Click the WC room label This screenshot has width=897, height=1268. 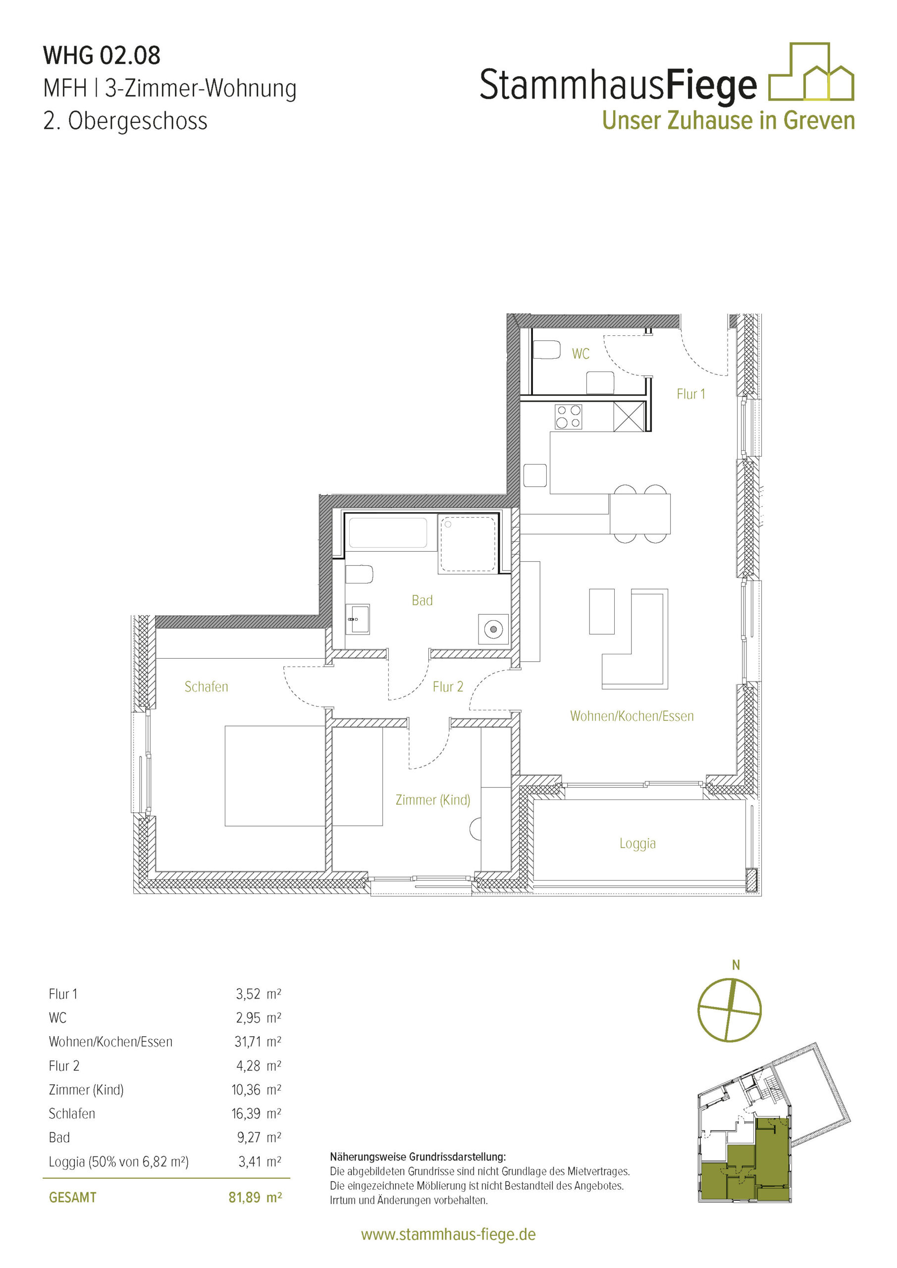pos(580,354)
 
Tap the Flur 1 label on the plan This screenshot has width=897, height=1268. pos(691,394)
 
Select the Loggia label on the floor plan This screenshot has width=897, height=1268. pos(637,844)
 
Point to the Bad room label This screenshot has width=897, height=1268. pos(422,600)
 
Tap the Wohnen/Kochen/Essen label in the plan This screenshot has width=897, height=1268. pos(632,716)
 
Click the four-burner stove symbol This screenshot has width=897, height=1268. pos(568,417)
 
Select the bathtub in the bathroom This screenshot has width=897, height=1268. pos(388,532)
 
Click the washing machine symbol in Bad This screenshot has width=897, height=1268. pos(493,629)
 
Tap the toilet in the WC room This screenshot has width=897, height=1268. pos(547,350)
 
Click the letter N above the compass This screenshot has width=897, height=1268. pos(736,965)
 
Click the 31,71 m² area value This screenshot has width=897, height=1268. pos(258,1042)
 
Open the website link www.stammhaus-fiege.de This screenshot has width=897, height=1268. pos(448,1234)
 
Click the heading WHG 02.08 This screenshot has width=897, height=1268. pos(102,55)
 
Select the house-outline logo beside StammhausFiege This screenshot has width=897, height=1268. pos(811,72)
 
